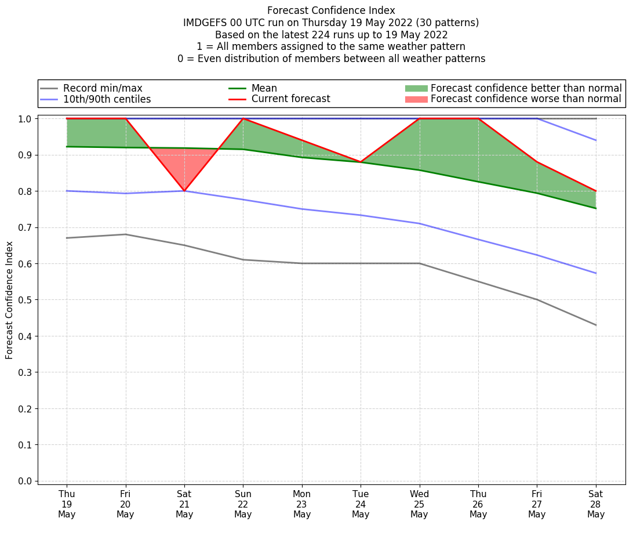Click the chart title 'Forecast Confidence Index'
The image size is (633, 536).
[331, 10]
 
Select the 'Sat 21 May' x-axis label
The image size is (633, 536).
[184, 504]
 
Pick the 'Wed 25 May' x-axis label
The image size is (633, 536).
[419, 504]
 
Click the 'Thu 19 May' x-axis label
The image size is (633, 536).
[67, 504]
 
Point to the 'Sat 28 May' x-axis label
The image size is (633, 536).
[595, 504]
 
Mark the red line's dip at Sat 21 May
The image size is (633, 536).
[184, 191]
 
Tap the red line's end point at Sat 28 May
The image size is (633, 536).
[596, 191]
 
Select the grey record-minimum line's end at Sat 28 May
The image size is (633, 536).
[596, 325]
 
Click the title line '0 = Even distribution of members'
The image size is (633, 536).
[331, 59]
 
